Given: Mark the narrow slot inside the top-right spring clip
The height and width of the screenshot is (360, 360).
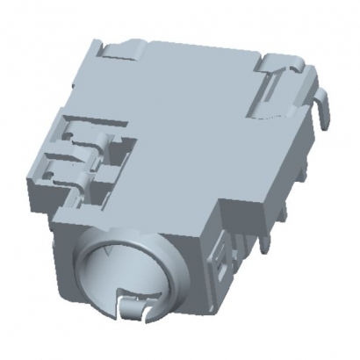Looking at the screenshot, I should coord(279,88).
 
